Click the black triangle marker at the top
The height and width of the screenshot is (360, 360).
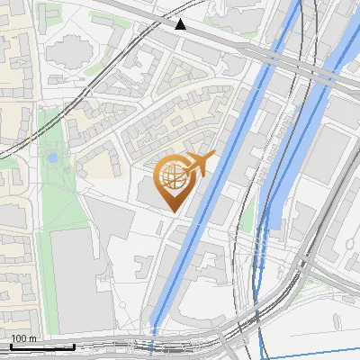[x=181, y=24]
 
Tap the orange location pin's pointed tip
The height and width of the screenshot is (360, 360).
[x=173, y=211]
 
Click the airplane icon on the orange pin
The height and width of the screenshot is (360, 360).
[x=199, y=164]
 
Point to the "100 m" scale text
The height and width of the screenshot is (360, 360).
[x=23, y=338]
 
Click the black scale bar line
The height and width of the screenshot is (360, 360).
[x=40, y=346]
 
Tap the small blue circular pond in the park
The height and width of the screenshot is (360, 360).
[x=53, y=157]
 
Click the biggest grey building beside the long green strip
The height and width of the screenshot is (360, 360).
[x=82, y=279]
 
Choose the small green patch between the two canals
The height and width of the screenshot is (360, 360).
[x=247, y=220]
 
